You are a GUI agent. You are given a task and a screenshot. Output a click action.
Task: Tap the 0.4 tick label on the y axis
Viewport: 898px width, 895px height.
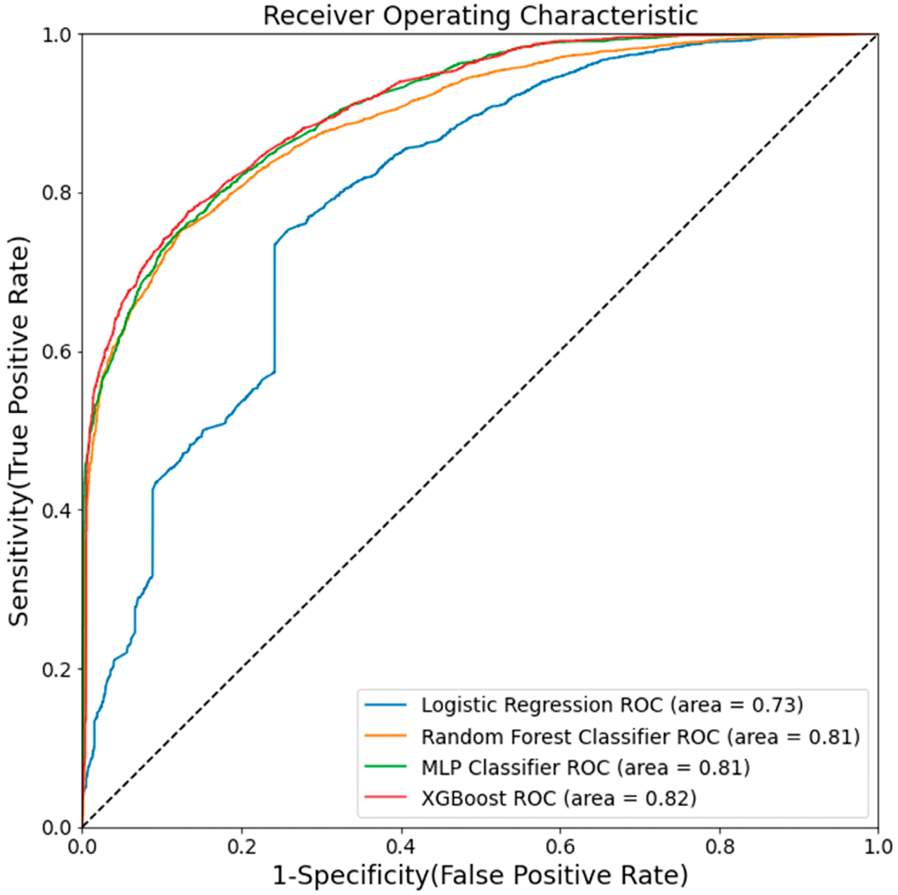click(58, 510)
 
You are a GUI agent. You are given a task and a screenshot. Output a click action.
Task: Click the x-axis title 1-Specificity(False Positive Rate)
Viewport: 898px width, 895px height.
click(480, 876)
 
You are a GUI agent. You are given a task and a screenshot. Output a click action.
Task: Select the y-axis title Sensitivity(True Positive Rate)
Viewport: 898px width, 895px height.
click(19, 431)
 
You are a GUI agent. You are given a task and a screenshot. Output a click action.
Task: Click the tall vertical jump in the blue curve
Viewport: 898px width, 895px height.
click(275, 307)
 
